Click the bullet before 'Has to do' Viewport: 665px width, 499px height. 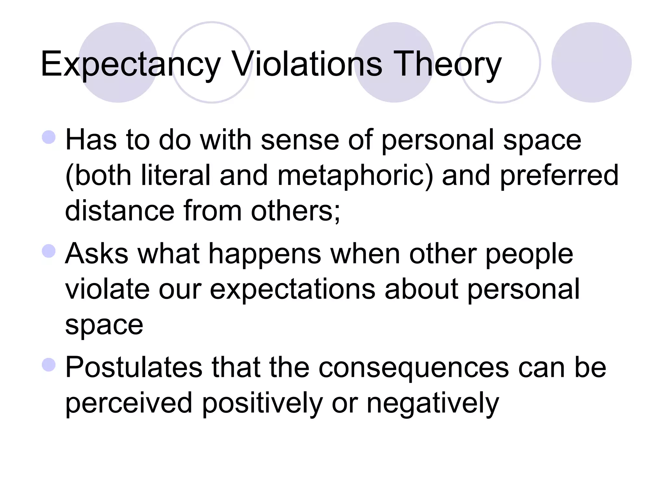pos(49,137)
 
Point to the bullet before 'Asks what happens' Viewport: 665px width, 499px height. pos(49,251)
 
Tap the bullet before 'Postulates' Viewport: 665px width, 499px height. pos(49,365)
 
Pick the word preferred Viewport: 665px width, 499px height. pos(559,176)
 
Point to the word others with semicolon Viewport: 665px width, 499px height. pos(295,211)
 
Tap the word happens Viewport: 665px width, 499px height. pos(264,254)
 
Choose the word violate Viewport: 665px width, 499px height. pos(107,289)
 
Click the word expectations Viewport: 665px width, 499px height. pos(293,289)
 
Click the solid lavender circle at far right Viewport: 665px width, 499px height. pos(591,62)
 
